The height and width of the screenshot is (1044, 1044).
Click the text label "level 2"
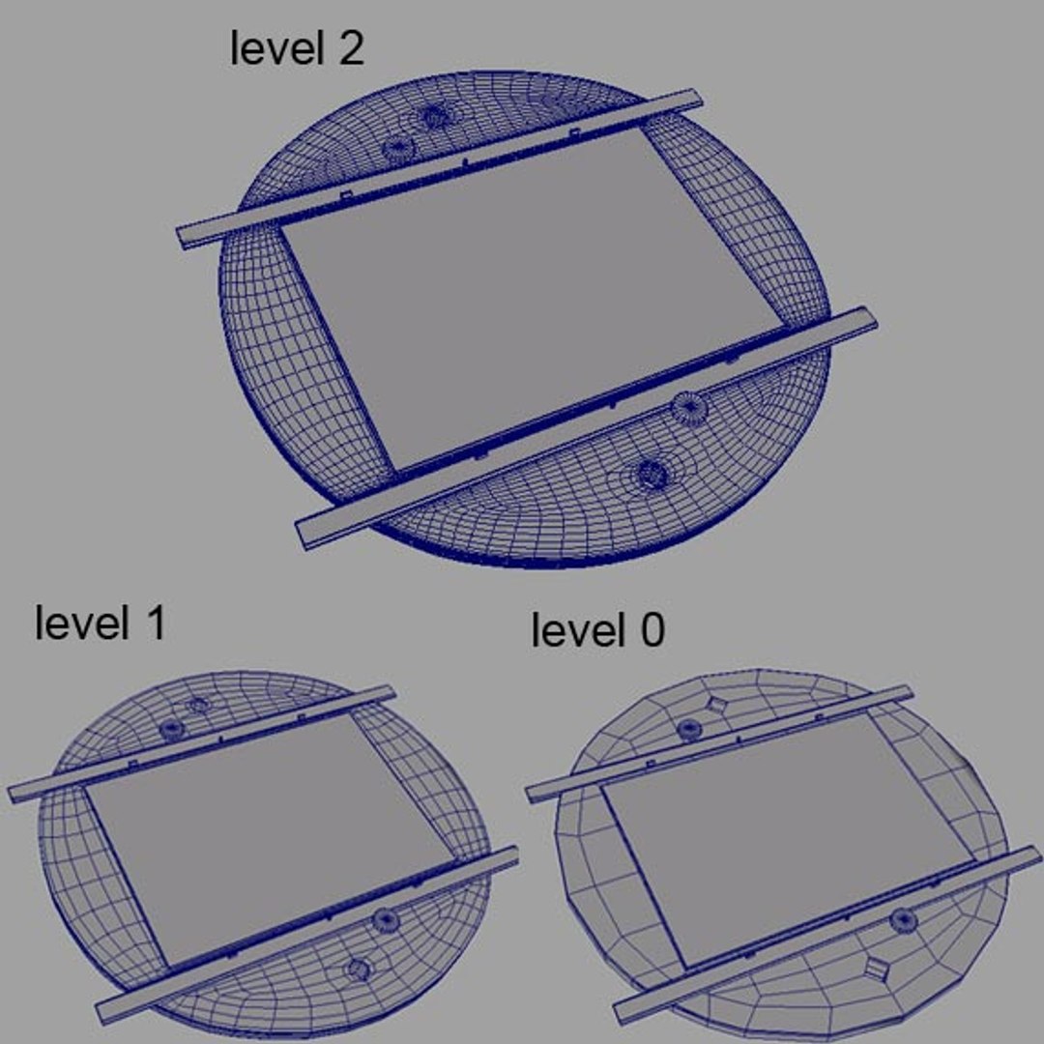tap(297, 48)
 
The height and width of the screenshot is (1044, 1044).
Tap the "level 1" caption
tap(100, 623)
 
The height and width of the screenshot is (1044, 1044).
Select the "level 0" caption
tap(597, 631)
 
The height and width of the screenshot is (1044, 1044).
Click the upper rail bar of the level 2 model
tap(440, 169)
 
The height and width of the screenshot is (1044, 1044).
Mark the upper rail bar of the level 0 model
tap(720, 741)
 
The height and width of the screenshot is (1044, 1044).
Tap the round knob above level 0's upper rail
tap(689, 729)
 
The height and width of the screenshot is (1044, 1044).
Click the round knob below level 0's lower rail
tap(905, 919)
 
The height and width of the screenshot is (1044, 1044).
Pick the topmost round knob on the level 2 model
tap(434, 117)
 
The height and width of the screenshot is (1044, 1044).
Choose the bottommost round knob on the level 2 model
tap(652, 474)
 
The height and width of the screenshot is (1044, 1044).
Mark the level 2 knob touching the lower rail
tap(688, 409)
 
